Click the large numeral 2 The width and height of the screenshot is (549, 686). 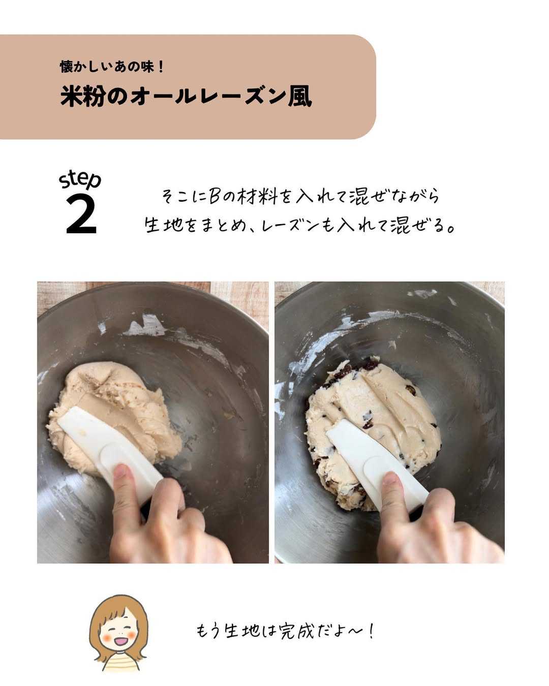click(x=81, y=215)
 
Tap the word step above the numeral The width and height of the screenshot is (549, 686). click(x=80, y=180)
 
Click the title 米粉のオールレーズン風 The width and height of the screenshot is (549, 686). click(x=186, y=96)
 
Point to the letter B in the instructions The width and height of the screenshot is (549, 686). click(x=215, y=197)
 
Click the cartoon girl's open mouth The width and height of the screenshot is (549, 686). click(x=120, y=642)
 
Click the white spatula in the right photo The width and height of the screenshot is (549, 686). click(x=376, y=457)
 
